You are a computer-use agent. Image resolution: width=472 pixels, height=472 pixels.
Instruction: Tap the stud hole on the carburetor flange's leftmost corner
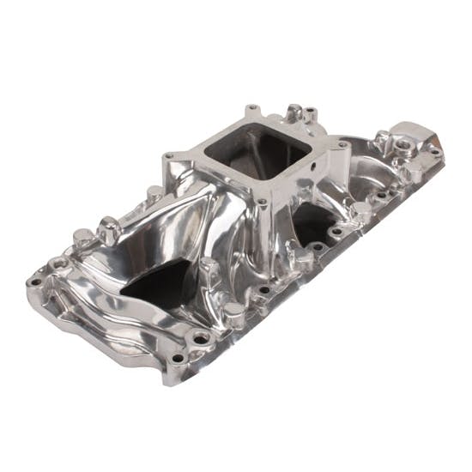pos(170,156)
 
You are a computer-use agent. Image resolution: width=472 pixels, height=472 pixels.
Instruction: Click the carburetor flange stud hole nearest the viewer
pos(262,203)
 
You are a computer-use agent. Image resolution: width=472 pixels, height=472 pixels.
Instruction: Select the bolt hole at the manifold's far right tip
pos(435,152)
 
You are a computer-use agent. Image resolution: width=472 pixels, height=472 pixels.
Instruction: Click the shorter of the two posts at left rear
pos(82,237)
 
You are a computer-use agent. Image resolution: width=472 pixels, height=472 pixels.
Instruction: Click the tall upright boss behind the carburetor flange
pos(294,112)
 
